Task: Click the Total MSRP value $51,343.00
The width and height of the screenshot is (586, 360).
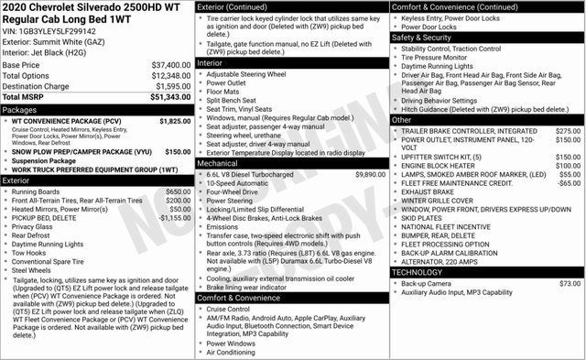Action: click(169, 96)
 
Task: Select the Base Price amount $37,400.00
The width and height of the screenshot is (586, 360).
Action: click(171, 66)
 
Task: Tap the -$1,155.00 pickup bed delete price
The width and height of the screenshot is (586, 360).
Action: click(171, 218)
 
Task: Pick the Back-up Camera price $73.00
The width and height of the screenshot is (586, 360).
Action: click(570, 284)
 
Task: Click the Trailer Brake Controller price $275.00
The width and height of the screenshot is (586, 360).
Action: click(568, 131)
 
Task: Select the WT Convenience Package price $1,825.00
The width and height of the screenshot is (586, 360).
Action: click(175, 121)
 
